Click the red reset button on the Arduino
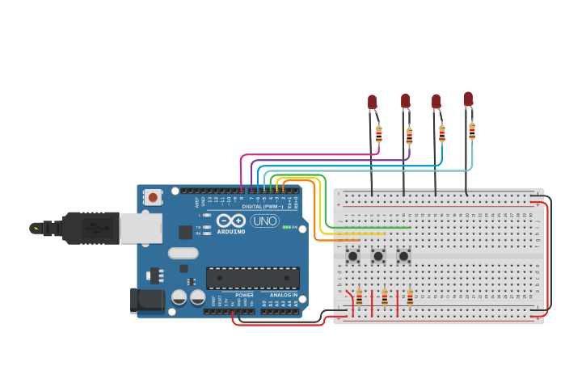[153, 196]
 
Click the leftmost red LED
[373, 102]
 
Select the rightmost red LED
[468, 99]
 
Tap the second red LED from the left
[406, 100]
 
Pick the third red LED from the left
[436, 101]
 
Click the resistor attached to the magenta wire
[378, 134]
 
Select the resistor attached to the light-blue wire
[472, 131]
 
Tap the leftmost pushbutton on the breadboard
[353, 256]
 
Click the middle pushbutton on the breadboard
[378, 256]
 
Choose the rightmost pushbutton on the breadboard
[403, 256]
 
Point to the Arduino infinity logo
[230, 221]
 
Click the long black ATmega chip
[253, 278]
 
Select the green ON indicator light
[285, 227]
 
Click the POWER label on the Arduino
[244, 295]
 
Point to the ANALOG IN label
[283, 295]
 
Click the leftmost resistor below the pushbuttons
[360, 297]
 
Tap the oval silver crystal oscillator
[183, 253]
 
